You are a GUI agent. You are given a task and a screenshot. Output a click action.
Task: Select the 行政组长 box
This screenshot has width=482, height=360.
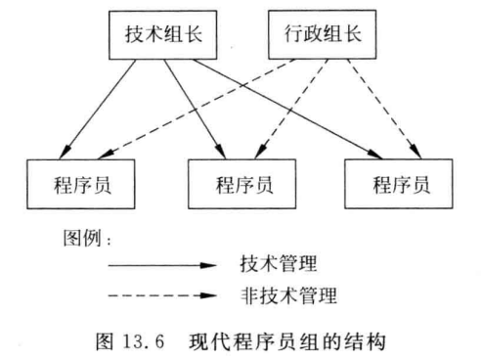point(313,34)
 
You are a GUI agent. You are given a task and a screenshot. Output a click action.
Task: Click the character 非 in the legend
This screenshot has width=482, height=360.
point(248,292)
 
